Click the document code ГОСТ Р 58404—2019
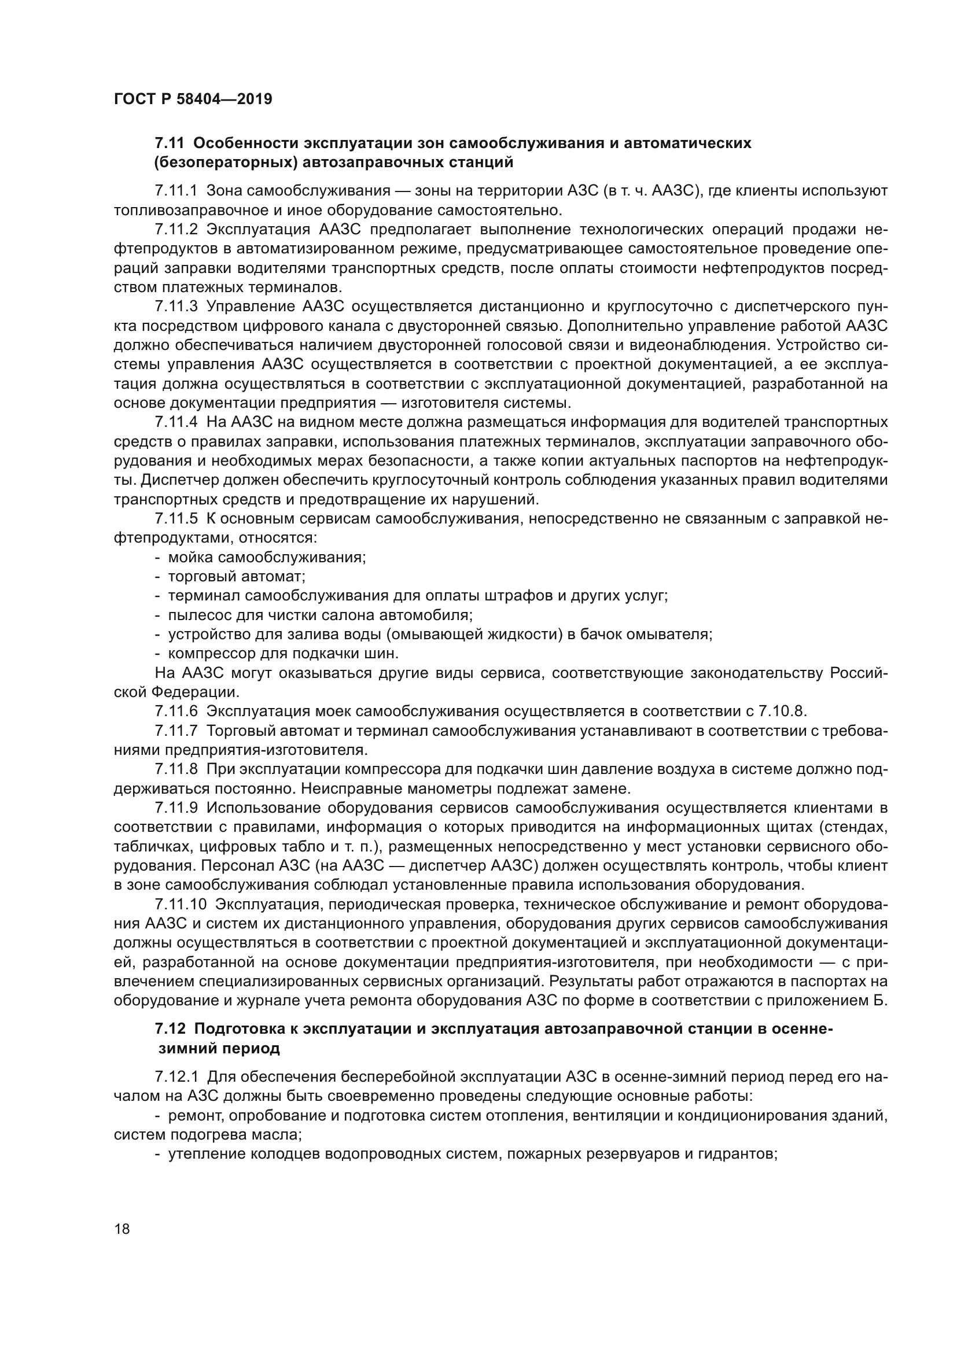pyautogui.click(x=193, y=99)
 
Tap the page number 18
pyautogui.click(x=122, y=1229)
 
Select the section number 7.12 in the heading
pyautogui.click(x=170, y=1028)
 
